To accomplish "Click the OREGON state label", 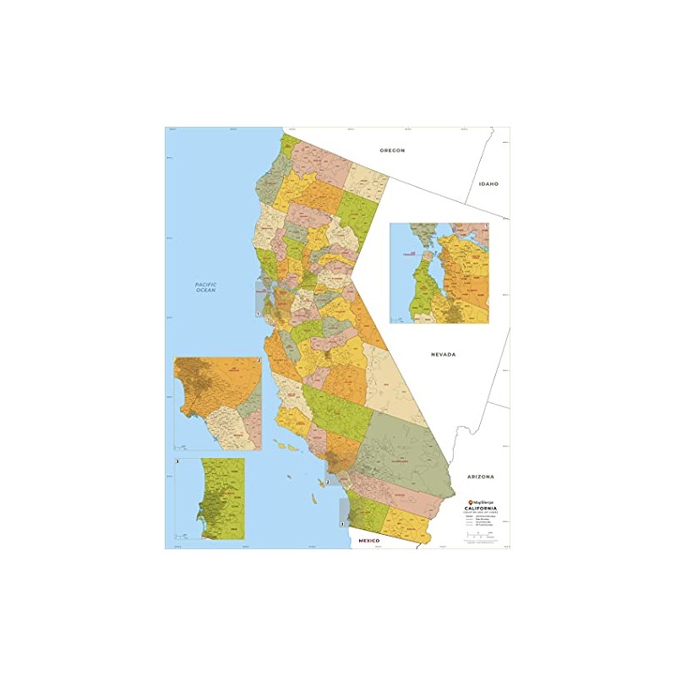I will click(393, 150).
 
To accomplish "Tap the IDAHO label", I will click(489, 183).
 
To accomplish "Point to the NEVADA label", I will click(442, 354).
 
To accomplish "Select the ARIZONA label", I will click(480, 477).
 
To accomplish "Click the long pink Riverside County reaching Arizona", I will click(397, 494).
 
